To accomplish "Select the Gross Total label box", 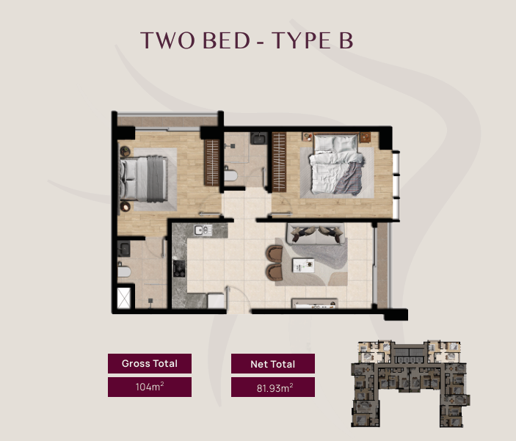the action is point(150,363).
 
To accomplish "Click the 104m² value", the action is point(150,387).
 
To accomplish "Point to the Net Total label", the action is point(273,364).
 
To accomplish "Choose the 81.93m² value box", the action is point(273,387).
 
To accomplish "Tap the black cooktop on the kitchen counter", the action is point(179,269).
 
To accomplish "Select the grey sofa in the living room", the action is point(316,233).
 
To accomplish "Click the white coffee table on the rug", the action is point(303,265).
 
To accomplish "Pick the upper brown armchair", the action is point(275,254).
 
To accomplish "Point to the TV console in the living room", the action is point(315,304).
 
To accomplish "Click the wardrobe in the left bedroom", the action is point(211,163).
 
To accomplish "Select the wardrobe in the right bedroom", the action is point(279,162).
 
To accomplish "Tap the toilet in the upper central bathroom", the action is point(230,175).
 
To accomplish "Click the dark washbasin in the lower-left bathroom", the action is point(124,249).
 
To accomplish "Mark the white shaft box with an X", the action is point(124,298).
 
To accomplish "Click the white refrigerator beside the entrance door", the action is point(216,301).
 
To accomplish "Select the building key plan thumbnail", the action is point(410,384).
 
